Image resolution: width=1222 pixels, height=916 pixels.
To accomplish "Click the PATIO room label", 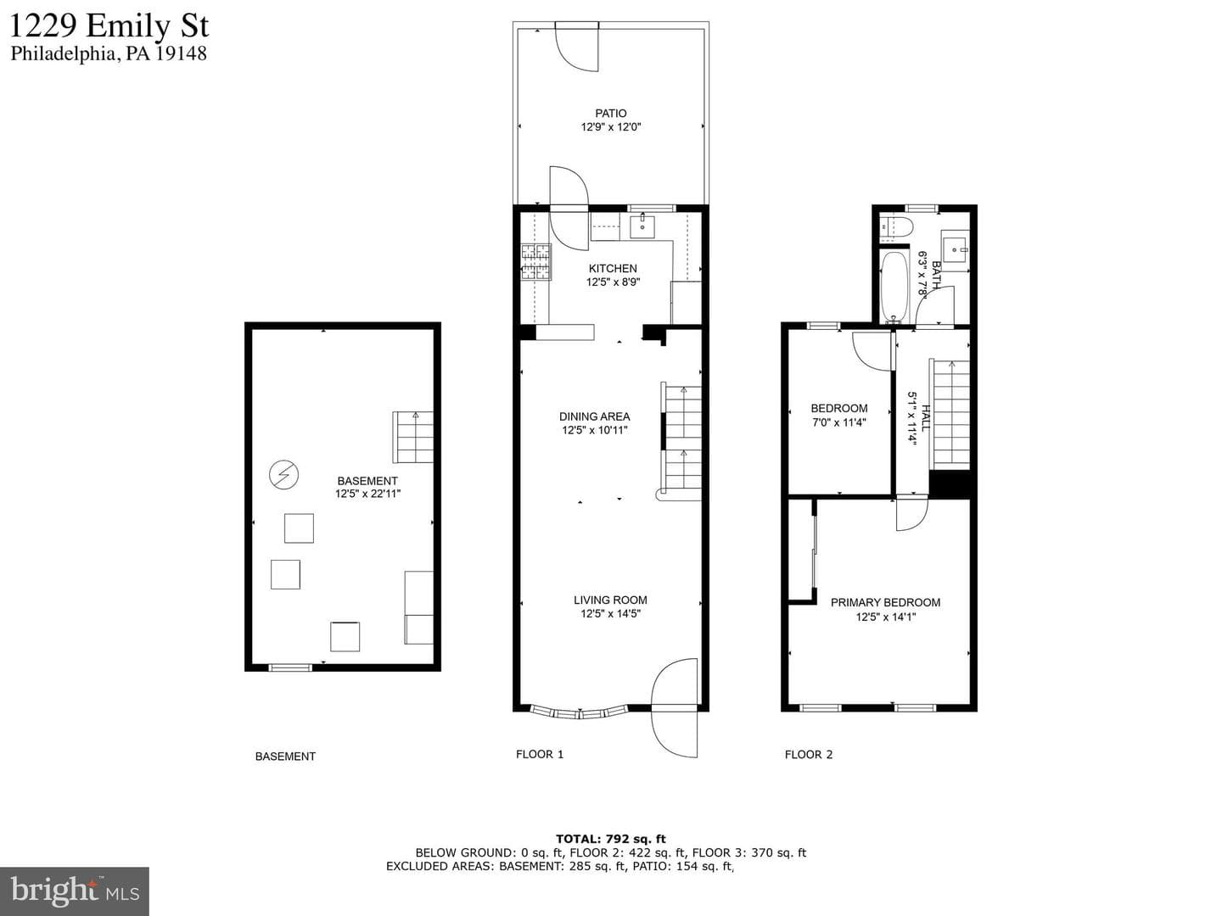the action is pyautogui.click(x=611, y=114).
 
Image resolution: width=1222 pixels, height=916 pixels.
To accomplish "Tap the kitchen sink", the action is pyautogui.click(x=642, y=226).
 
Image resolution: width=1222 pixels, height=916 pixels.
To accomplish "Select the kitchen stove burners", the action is pyautogui.click(x=535, y=262).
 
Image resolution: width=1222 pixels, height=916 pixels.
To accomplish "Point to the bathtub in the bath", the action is pyautogui.click(x=894, y=287).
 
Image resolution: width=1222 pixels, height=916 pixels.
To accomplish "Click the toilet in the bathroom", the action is pyautogui.click(x=896, y=227).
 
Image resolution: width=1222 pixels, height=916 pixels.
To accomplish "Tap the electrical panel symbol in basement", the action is pyautogui.click(x=283, y=475).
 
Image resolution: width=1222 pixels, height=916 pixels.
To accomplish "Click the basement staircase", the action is pyautogui.click(x=412, y=437).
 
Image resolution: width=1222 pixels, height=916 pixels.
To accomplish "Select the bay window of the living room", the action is pyautogui.click(x=579, y=712).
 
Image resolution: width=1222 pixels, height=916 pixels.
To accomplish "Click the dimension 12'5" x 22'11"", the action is pyautogui.click(x=367, y=494).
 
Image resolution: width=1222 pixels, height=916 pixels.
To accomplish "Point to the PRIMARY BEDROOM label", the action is pyautogui.click(x=885, y=602).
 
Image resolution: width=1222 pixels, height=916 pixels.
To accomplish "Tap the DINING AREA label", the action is pyautogui.click(x=595, y=416).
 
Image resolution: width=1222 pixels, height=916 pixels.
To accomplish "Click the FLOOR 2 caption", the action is pyautogui.click(x=809, y=755).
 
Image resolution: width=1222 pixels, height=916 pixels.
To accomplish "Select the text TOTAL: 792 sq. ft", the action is pyautogui.click(x=611, y=839).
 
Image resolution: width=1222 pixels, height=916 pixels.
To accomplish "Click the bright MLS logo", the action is pyautogui.click(x=74, y=891).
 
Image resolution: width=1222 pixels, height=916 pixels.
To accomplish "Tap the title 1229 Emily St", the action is pyautogui.click(x=109, y=25).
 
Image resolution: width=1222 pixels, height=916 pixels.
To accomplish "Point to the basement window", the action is pyautogui.click(x=290, y=667).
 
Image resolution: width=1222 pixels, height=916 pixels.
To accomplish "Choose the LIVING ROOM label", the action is pyautogui.click(x=610, y=600).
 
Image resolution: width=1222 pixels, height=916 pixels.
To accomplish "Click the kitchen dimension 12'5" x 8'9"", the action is pyautogui.click(x=613, y=282).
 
